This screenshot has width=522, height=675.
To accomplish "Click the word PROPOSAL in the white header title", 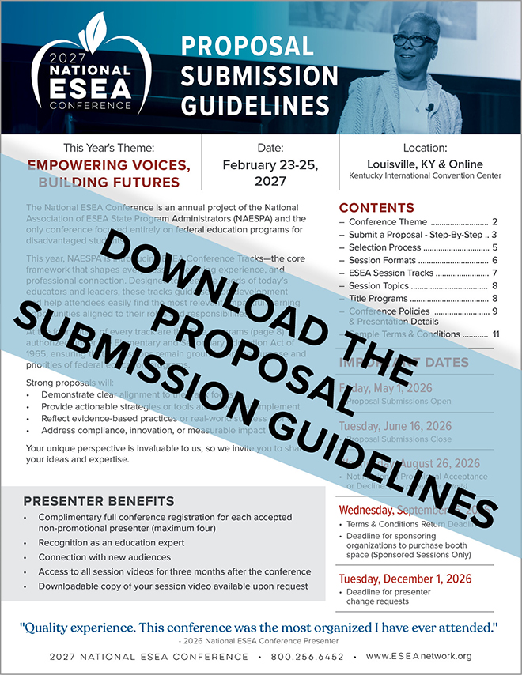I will pos(247,46).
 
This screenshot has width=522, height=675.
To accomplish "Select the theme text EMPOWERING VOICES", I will pos(109,165).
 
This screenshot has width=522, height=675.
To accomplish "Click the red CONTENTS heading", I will pos(376,208).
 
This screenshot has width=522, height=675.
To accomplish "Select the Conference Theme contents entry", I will pos(388,222).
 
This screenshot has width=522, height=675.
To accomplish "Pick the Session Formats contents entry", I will pos(382,260).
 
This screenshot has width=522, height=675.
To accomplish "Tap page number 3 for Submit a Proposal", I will pos(493,235).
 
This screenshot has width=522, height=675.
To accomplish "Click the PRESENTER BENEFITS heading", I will pos(99,501).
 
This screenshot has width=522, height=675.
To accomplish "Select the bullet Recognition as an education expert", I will pos(111,543).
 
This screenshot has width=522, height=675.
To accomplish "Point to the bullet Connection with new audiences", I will pos(105,557).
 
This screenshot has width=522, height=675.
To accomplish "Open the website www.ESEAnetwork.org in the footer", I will pos(418,656).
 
